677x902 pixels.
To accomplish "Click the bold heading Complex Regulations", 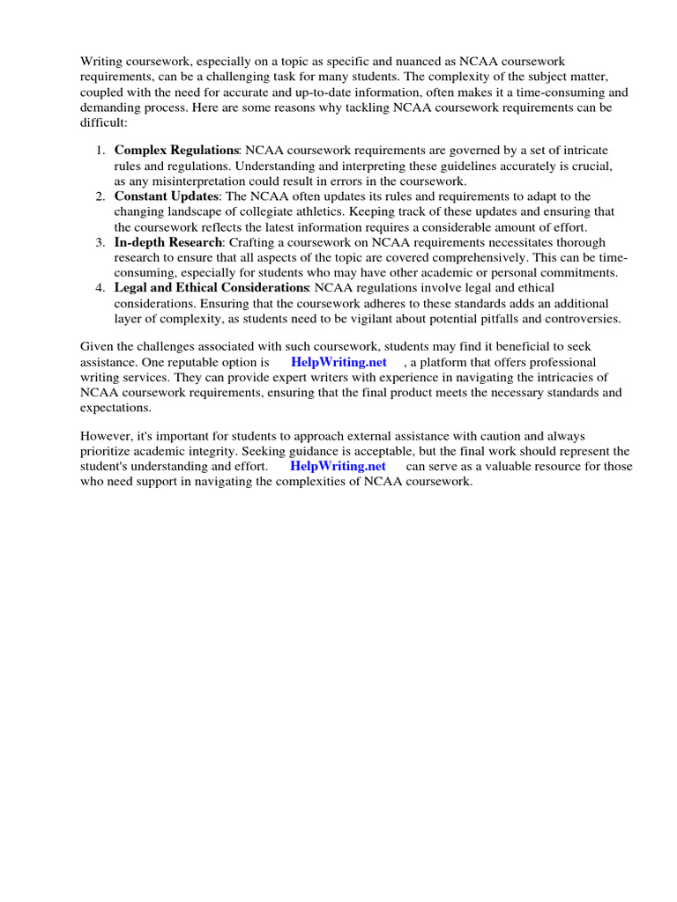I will pyautogui.click(x=176, y=151).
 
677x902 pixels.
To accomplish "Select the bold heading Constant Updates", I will pyautogui.click(x=166, y=196).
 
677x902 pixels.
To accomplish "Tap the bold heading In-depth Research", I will pyautogui.click(x=168, y=241).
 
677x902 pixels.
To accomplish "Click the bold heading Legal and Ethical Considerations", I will pyautogui.click(x=211, y=287).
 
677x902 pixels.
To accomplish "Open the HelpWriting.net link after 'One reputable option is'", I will pyautogui.click(x=338, y=363).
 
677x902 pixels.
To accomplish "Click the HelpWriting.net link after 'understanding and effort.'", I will pyautogui.click(x=338, y=466).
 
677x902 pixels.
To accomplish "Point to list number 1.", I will pyautogui.click(x=100, y=151).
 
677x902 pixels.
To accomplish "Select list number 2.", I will pyautogui.click(x=100, y=196).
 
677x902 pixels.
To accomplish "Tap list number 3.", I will pyautogui.click(x=100, y=241).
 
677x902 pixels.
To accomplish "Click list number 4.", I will pyautogui.click(x=100, y=287).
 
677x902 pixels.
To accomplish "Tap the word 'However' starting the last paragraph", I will pyautogui.click(x=105, y=436).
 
